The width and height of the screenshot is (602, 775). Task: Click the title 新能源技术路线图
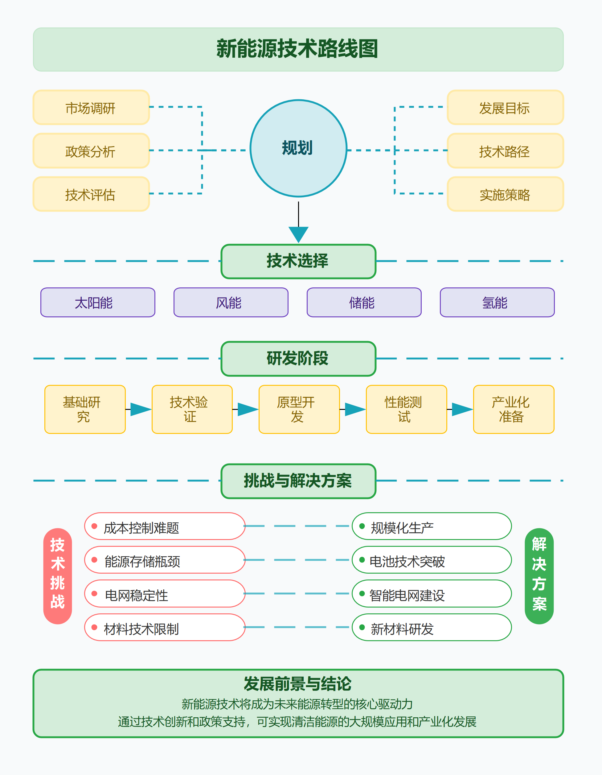pyautogui.click(x=297, y=49)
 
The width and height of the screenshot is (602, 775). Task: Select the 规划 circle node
pyautogui.click(x=298, y=148)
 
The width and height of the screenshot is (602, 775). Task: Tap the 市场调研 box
pyautogui.click(x=91, y=108)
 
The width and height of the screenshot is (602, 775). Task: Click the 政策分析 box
pyautogui.click(x=91, y=151)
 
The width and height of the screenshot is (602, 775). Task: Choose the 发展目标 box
pyautogui.click(x=505, y=108)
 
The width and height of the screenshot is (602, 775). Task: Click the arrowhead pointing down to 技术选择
pyautogui.click(x=298, y=234)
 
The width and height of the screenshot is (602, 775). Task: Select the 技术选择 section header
pyautogui.click(x=298, y=261)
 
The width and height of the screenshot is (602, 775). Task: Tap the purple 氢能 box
pyautogui.click(x=497, y=302)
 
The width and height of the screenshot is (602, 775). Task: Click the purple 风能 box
pyautogui.click(x=231, y=302)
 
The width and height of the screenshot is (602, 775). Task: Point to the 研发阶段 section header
pyautogui.click(x=298, y=358)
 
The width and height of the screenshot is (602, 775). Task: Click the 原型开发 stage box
pyautogui.click(x=299, y=409)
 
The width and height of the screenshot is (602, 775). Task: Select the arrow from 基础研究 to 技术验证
pyautogui.click(x=140, y=409)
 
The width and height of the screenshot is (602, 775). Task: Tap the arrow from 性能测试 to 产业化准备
pyautogui.click(x=461, y=409)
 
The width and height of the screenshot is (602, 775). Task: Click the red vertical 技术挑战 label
pyautogui.click(x=57, y=575)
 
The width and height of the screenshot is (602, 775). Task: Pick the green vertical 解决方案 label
pyautogui.click(x=539, y=575)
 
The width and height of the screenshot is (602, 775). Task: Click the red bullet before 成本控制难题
pyautogui.click(x=94, y=526)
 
